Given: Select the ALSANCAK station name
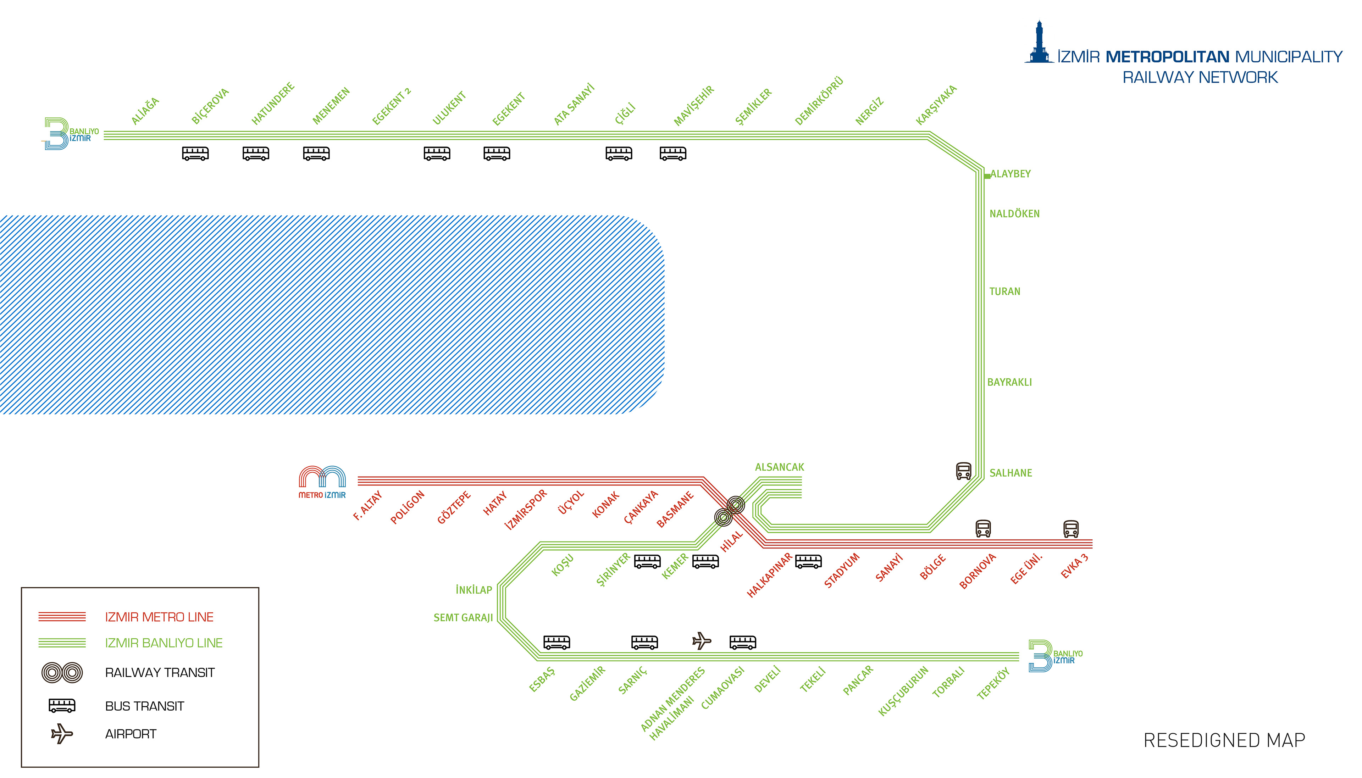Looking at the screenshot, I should pyautogui.click(x=779, y=467).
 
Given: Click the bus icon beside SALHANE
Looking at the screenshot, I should pyautogui.click(x=963, y=471).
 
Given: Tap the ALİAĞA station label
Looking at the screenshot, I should pyautogui.click(x=145, y=111).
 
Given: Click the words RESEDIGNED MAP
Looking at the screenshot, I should pyautogui.click(x=1224, y=740).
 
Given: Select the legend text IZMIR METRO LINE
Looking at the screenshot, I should pyautogui.click(x=159, y=617).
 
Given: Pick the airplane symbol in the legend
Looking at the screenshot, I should pyautogui.click(x=62, y=734).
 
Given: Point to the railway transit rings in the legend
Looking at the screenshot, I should pyautogui.click(x=62, y=673).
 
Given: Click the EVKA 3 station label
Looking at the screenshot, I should pyautogui.click(x=1074, y=566).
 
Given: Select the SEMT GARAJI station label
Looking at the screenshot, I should pyautogui.click(x=463, y=618).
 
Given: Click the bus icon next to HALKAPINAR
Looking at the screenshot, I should pyautogui.click(x=808, y=562).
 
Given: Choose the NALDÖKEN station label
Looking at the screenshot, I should pyautogui.click(x=1014, y=214).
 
